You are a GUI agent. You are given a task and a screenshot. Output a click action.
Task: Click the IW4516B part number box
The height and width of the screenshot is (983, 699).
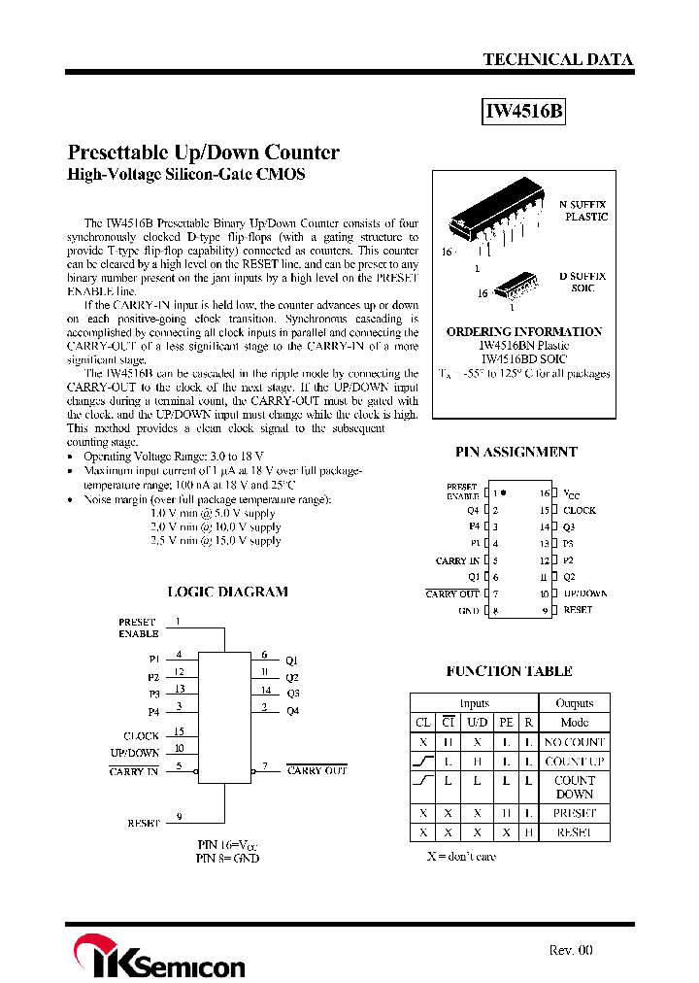coord(523,112)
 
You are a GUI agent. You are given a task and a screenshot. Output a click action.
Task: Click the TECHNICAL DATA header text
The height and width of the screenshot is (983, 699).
coord(558,59)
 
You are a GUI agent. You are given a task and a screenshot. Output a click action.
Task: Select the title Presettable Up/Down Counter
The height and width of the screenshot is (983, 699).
coord(204,153)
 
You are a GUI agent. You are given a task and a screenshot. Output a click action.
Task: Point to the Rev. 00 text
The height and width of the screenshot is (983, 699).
coord(570,951)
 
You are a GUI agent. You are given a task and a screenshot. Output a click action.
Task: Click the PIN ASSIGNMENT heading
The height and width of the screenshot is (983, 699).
coord(516,452)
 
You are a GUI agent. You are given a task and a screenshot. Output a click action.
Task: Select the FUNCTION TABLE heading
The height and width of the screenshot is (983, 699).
coord(509,671)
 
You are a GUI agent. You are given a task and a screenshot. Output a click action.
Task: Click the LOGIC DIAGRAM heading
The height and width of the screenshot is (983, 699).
coord(227,592)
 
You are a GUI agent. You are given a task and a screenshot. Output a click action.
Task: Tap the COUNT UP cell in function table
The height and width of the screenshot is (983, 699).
coord(574,762)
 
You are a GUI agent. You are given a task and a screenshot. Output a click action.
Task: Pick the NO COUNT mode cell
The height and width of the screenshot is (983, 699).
coord(574,741)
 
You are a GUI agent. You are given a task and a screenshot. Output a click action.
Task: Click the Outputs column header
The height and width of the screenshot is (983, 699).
coord(574,702)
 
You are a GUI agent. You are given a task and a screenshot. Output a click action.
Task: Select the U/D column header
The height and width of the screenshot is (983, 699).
coord(478,722)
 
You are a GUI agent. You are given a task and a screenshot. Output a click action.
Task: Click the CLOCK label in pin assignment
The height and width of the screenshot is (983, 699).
coord(580,510)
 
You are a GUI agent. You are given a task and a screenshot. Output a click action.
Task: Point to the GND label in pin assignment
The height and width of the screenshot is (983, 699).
coord(469,611)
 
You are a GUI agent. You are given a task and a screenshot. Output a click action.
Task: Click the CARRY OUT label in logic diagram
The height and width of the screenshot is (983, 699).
coord(316,770)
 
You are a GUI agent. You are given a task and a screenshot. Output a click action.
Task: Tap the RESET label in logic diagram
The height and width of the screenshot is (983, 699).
coord(143,823)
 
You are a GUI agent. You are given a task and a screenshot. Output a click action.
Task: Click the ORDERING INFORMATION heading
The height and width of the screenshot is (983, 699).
coord(523,331)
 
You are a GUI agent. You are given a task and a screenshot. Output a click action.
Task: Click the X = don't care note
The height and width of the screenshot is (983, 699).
coord(461,857)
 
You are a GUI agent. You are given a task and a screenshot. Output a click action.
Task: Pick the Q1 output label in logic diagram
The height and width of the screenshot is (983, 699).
coord(292,661)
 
